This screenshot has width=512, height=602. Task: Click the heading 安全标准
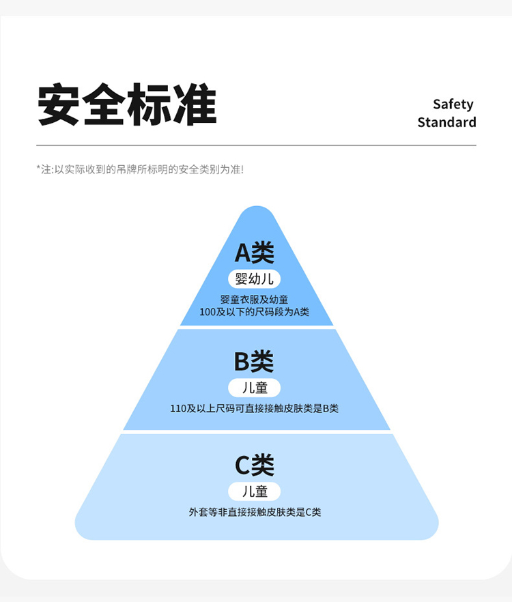click(127, 104)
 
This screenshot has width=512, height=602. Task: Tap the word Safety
click(453, 104)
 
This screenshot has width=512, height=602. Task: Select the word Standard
click(446, 122)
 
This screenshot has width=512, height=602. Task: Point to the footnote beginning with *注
click(140, 169)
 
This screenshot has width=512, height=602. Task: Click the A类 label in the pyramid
click(255, 253)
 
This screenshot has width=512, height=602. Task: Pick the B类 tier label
click(255, 361)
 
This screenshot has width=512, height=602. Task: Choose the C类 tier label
click(255, 465)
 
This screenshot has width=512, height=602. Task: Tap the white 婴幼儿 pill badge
click(255, 278)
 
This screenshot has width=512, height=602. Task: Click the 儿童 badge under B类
click(255, 388)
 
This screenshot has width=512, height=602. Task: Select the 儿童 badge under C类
click(255, 491)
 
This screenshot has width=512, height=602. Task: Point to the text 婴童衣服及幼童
click(255, 300)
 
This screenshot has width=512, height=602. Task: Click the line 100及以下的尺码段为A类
click(255, 312)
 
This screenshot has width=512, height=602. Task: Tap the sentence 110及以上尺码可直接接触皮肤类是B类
click(255, 409)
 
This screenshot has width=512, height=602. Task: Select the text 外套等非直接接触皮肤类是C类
click(255, 512)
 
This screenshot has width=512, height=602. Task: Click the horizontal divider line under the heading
click(256, 145)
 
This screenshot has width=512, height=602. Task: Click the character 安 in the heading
click(59, 104)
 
